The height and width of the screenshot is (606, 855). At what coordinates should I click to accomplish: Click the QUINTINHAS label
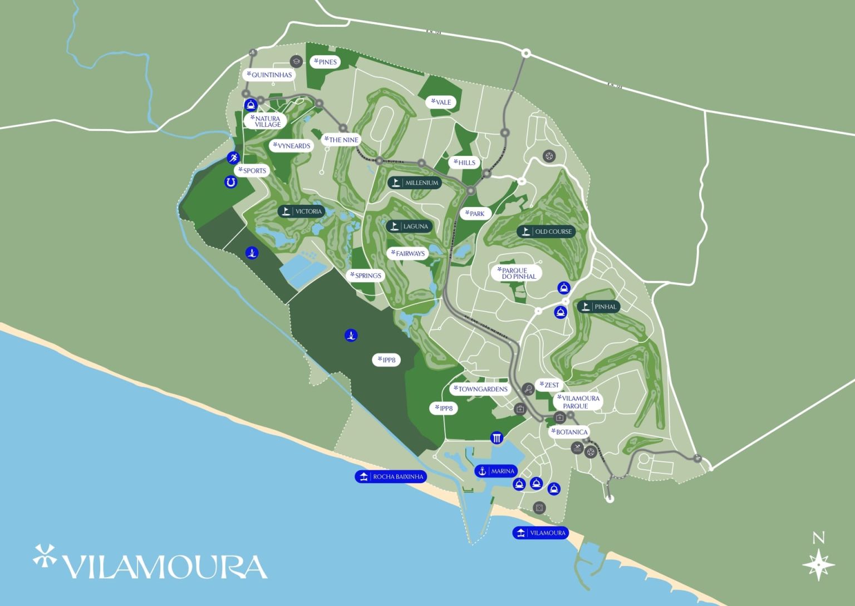(269, 75)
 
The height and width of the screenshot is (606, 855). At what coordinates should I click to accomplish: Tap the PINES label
(326, 62)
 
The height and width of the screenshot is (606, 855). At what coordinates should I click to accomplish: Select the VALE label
(441, 102)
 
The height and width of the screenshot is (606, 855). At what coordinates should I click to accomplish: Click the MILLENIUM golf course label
(415, 183)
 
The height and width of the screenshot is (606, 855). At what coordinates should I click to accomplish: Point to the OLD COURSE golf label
(547, 231)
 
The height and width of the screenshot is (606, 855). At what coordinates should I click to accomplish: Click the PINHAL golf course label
(598, 307)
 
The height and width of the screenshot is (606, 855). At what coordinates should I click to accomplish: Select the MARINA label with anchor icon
(496, 471)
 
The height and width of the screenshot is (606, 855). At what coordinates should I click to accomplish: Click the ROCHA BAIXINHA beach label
(391, 477)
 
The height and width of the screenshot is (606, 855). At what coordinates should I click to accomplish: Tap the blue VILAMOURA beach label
(540, 533)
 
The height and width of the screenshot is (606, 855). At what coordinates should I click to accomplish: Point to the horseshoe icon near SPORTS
(230, 181)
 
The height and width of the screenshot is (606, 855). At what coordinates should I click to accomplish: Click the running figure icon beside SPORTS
(233, 158)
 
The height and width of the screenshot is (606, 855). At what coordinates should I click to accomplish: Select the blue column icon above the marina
(497, 437)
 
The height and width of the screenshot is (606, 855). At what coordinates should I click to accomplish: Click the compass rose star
(818, 564)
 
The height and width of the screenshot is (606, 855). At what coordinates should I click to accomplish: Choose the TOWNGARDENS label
(480, 389)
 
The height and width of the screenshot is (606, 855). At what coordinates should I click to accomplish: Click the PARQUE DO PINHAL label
(517, 273)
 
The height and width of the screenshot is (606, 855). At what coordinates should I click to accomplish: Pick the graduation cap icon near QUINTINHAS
(296, 61)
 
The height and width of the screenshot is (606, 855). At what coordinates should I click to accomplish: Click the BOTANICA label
(569, 432)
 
